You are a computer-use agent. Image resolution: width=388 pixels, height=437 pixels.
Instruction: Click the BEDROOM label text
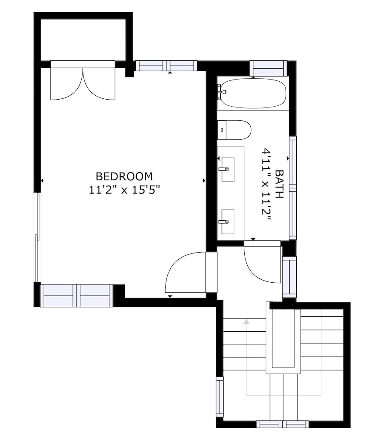click(125, 177)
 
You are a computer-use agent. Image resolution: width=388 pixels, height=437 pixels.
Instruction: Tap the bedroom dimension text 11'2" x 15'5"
click(125, 190)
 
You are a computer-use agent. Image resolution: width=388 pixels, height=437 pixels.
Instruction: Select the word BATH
click(279, 184)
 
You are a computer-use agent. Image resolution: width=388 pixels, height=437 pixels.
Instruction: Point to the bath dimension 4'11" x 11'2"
click(267, 185)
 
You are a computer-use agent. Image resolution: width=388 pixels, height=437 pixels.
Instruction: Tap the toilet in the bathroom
click(234, 130)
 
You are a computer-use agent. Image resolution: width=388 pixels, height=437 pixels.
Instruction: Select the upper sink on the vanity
click(228, 169)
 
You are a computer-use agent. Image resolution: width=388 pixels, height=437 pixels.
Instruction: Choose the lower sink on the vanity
click(228, 222)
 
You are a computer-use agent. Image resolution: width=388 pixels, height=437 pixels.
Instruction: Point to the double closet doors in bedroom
click(83, 80)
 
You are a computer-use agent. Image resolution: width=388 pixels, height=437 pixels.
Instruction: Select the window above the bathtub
click(268, 68)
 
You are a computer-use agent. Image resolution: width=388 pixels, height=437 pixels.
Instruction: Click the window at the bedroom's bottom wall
click(76, 296)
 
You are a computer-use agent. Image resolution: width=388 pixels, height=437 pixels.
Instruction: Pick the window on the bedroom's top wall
click(166, 66)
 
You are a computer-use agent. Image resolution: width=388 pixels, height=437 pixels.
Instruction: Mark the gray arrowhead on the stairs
click(246, 322)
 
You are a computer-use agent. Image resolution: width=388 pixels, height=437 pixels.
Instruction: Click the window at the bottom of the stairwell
click(283, 424)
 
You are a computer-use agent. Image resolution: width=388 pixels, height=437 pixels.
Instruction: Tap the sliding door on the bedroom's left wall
click(37, 237)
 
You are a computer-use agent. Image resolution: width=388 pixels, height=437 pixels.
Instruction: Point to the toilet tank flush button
click(222, 130)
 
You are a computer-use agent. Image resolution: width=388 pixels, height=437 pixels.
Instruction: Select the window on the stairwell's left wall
click(220, 397)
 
